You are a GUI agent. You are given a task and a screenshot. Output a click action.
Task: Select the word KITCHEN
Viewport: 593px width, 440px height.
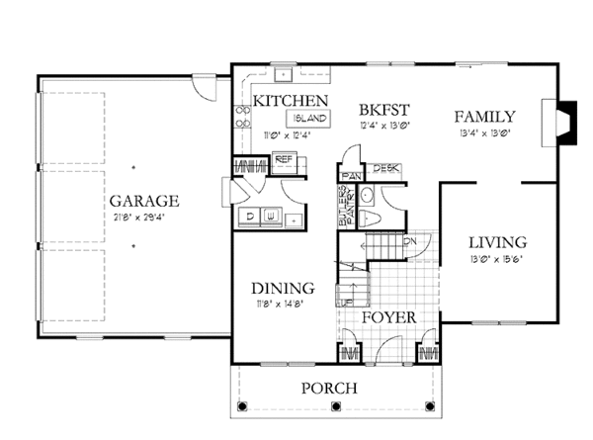[291, 101]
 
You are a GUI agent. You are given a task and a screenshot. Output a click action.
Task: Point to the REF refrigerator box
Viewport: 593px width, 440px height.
[285, 159]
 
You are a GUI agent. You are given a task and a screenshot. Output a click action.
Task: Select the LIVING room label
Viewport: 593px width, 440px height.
[496, 242]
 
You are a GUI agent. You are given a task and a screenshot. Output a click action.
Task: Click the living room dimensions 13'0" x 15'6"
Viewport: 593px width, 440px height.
[496, 259]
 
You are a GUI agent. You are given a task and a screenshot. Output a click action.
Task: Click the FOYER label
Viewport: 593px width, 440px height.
[386, 317]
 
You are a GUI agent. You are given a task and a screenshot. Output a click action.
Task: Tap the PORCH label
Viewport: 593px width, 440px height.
[329, 389]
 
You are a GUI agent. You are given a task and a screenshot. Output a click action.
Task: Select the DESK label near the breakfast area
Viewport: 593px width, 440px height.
[386, 169]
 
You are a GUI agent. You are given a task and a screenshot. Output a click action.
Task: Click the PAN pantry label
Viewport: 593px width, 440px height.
[348, 175]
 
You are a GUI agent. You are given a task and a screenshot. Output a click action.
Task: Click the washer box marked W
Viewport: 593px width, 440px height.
[270, 214]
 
